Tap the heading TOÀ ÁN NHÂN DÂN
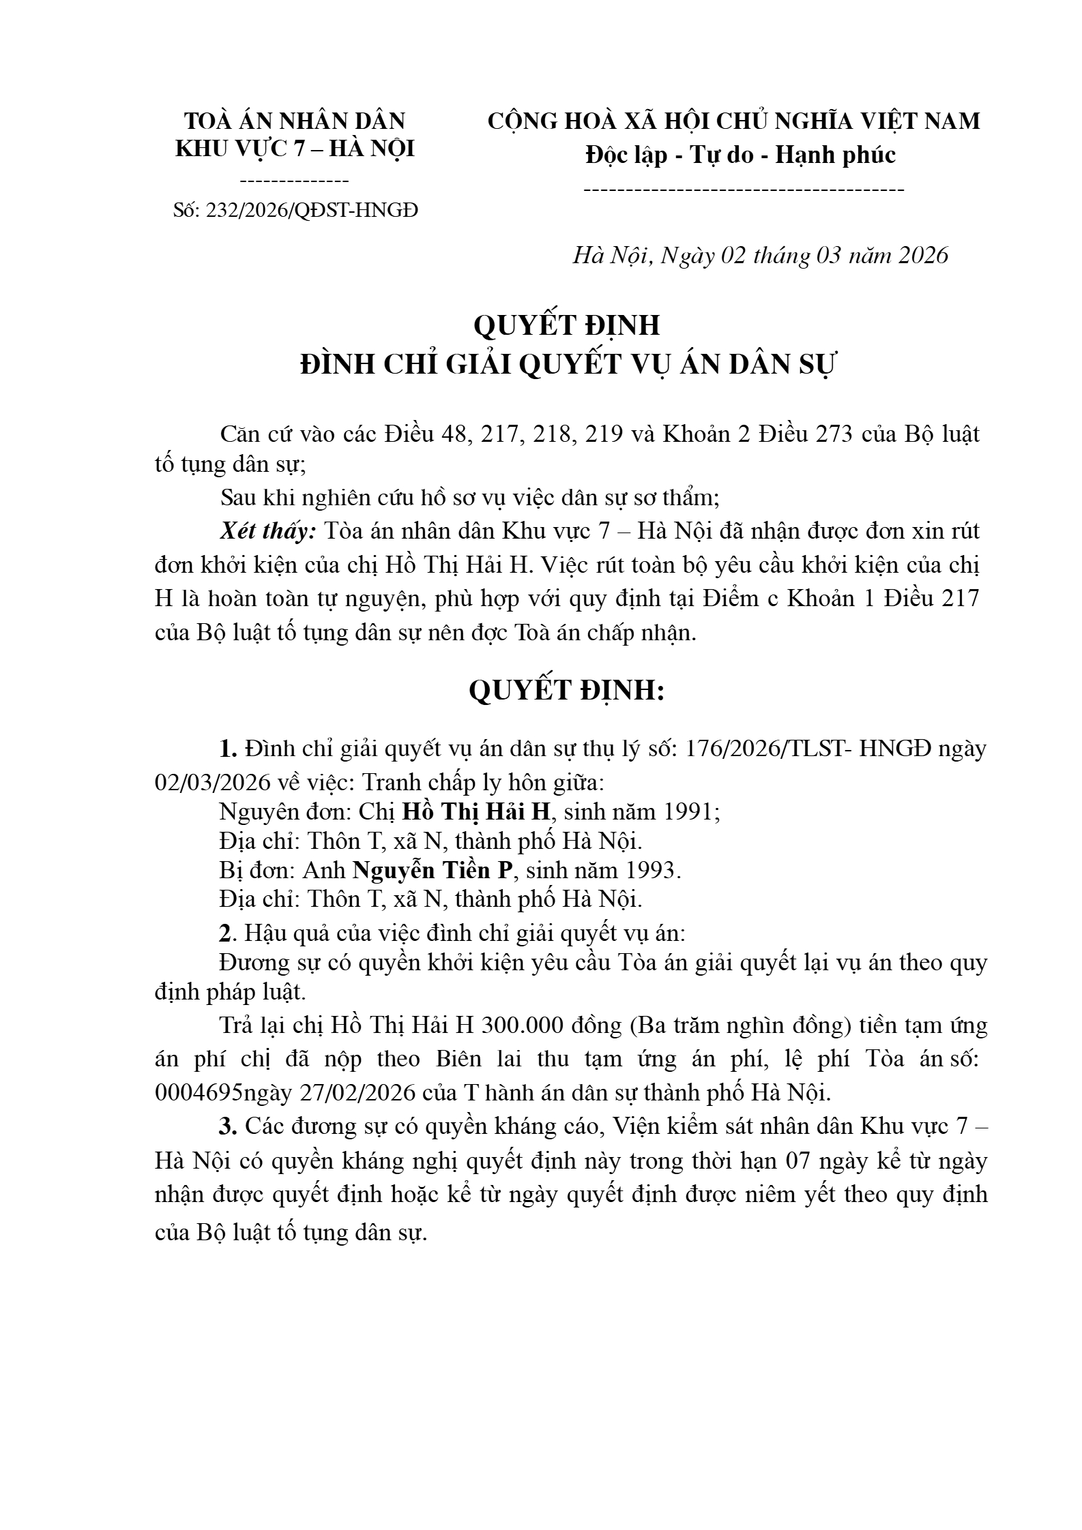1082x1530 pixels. click(x=295, y=121)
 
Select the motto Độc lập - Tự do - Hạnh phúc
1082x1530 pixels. click(x=740, y=155)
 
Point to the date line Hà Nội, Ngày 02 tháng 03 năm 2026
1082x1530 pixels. click(x=760, y=255)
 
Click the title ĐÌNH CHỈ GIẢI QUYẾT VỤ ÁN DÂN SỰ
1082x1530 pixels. click(x=568, y=364)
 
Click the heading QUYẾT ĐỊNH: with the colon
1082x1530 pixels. click(x=566, y=691)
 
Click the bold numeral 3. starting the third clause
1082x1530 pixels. click(x=228, y=1126)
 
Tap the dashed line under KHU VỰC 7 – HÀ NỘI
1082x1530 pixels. click(x=295, y=181)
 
